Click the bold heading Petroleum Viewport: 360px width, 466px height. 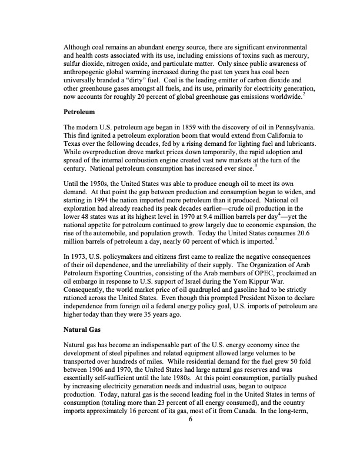(79, 110)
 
